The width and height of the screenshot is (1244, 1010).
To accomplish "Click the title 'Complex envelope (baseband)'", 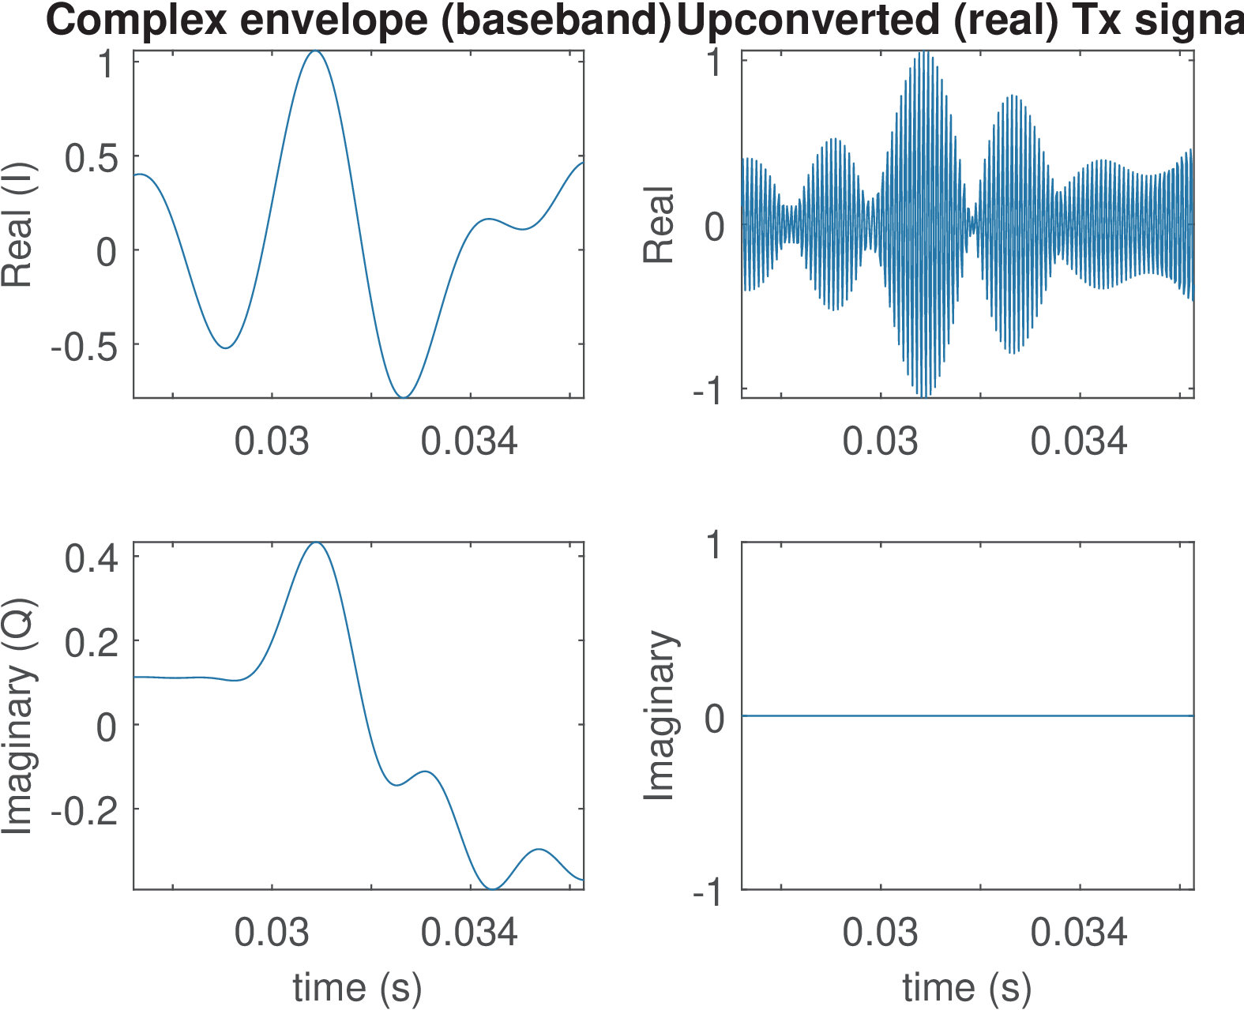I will pyautogui.click(x=358, y=20).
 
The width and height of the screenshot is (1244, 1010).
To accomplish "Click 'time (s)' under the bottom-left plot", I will pyautogui.click(x=357, y=987).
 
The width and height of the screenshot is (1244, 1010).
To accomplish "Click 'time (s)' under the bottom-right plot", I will pyautogui.click(x=967, y=987).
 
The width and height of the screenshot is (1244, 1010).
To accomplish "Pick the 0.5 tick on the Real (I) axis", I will pyautogui.click(x=91, y=158).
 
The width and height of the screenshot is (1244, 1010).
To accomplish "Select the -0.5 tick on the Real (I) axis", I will pyautogui.click(x=84, y=346).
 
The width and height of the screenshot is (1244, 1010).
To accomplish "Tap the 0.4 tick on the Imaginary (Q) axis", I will pyautogui.click(x=91, y=558).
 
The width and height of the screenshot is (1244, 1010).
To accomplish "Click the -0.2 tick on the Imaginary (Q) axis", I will pyautogui.click(x=84, y=810).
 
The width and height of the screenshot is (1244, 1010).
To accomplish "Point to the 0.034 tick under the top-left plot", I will pyautogui.click(x=469, y=441).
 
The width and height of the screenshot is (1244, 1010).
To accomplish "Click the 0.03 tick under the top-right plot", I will pyautogui.click(x=880, y=441).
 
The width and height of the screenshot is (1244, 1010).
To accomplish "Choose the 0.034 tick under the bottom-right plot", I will pyautogui.click(x=1079, y=932).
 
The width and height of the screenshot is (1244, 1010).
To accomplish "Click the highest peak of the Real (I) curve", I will pyautogui.click(x=316, y=51).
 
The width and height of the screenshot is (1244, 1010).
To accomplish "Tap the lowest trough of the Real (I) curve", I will pyautogui.click(x=404, y=397).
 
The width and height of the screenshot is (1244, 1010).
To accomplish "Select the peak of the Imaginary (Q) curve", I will pyautogui.click(x=316, y=543).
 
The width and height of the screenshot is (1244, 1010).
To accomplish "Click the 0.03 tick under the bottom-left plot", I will pyautogui.click(x=272, y=932).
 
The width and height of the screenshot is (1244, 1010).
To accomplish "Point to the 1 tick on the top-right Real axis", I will pyautogui.click(x=715, y=63).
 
